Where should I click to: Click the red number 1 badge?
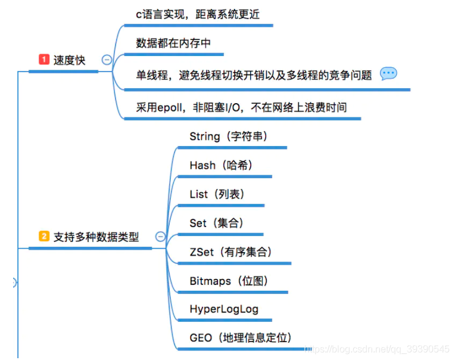point(43,60)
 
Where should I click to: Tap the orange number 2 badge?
point(44,237)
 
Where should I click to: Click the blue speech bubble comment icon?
point(388,73)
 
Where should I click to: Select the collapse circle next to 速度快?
point(107,60)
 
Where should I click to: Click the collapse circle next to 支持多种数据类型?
point(160,237)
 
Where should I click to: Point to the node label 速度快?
point(70,60)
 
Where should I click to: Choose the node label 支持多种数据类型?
point(96,237)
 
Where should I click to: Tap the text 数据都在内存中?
point(173,43)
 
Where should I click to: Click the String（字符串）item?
point(229,136)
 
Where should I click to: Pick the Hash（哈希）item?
point(221,165)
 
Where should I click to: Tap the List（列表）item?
point(217,194)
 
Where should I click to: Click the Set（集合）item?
point(216,223)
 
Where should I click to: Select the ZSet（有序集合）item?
point(231,252)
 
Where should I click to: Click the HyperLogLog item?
point(224,309)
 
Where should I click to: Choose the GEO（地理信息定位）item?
point(241,338)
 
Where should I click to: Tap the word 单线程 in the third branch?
point(151,75)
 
